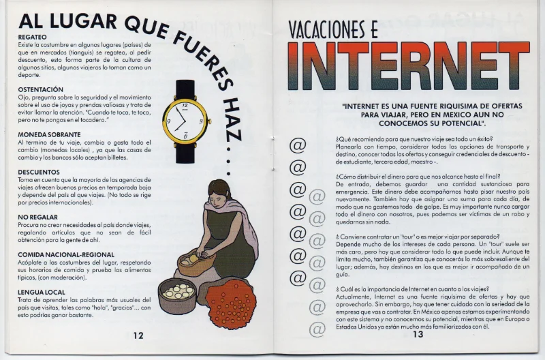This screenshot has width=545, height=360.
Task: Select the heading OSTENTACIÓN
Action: click(x=40, y=89)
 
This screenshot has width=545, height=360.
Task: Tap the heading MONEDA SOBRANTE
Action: click(x=49, y=134)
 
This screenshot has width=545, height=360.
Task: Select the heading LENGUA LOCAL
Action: click(x=42, y=292)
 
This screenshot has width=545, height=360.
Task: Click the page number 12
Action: click(x=138, y=335)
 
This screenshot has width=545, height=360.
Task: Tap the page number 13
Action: click(x=417, y=334)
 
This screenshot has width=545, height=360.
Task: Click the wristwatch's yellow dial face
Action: click(x=185, y=119)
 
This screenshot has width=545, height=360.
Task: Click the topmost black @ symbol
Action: click(x=298, y=145)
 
